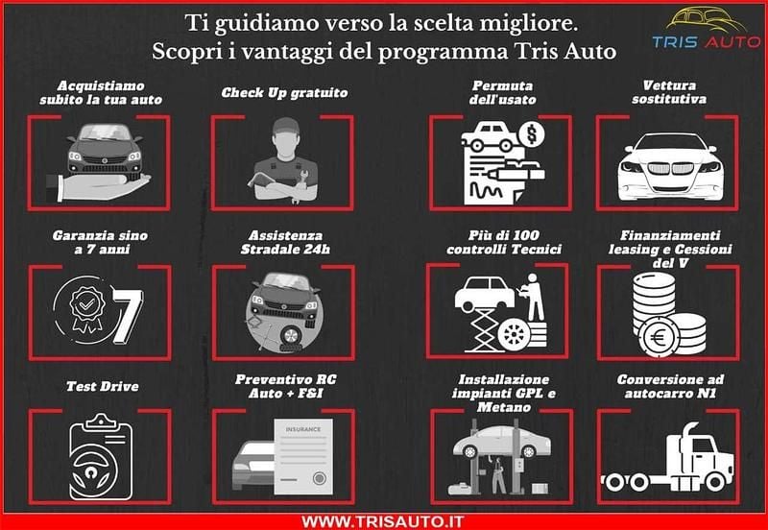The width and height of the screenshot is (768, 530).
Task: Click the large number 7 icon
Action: tap(126, 312)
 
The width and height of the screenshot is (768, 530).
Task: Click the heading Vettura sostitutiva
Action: tap(668, 92)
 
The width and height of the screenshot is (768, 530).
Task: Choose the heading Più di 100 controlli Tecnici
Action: tap(497, 242)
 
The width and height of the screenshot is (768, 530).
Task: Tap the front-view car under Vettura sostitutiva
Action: tap(669, 164)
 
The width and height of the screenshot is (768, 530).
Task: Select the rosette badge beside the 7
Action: tap(81, 307)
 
